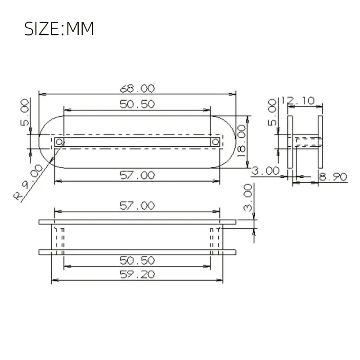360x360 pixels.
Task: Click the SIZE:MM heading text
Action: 59,29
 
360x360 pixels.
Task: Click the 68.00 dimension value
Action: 137,88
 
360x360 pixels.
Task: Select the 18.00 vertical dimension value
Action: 242,141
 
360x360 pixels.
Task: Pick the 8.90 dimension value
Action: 333,177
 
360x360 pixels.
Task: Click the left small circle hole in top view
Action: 59,142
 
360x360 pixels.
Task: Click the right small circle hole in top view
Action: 216,142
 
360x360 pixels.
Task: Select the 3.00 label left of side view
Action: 265,171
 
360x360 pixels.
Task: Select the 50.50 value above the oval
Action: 137,104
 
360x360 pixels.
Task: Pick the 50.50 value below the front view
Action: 137,260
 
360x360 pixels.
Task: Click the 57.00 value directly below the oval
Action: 137,175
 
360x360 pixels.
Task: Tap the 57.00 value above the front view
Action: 137,206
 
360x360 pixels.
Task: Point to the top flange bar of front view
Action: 137,222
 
